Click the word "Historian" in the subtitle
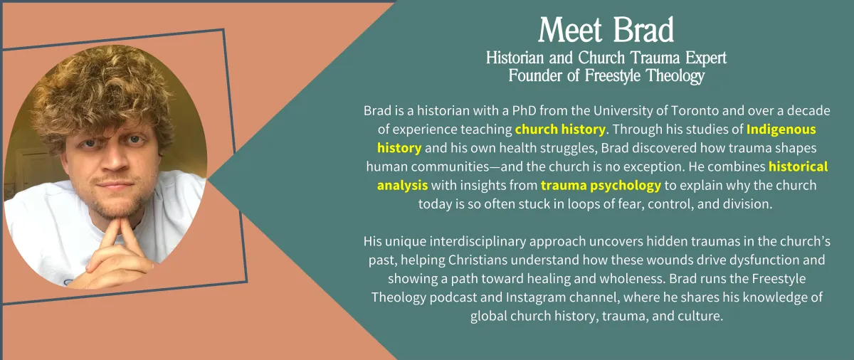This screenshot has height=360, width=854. click(x=515, y=58)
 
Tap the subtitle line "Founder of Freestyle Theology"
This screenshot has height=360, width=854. click(x=606, y=75)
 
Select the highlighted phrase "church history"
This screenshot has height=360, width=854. click(x=560, y=129)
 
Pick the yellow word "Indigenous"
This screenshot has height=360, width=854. click(x=781, y=129)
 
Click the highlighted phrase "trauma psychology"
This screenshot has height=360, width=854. click(x=601, y=186)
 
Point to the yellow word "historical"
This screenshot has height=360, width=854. click(x=798, y=166)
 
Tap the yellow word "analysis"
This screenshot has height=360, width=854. click(x=402, y=186)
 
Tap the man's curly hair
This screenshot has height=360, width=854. click(x=103, y=88)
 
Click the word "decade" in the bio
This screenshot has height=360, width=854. click(x=808, y=110)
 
